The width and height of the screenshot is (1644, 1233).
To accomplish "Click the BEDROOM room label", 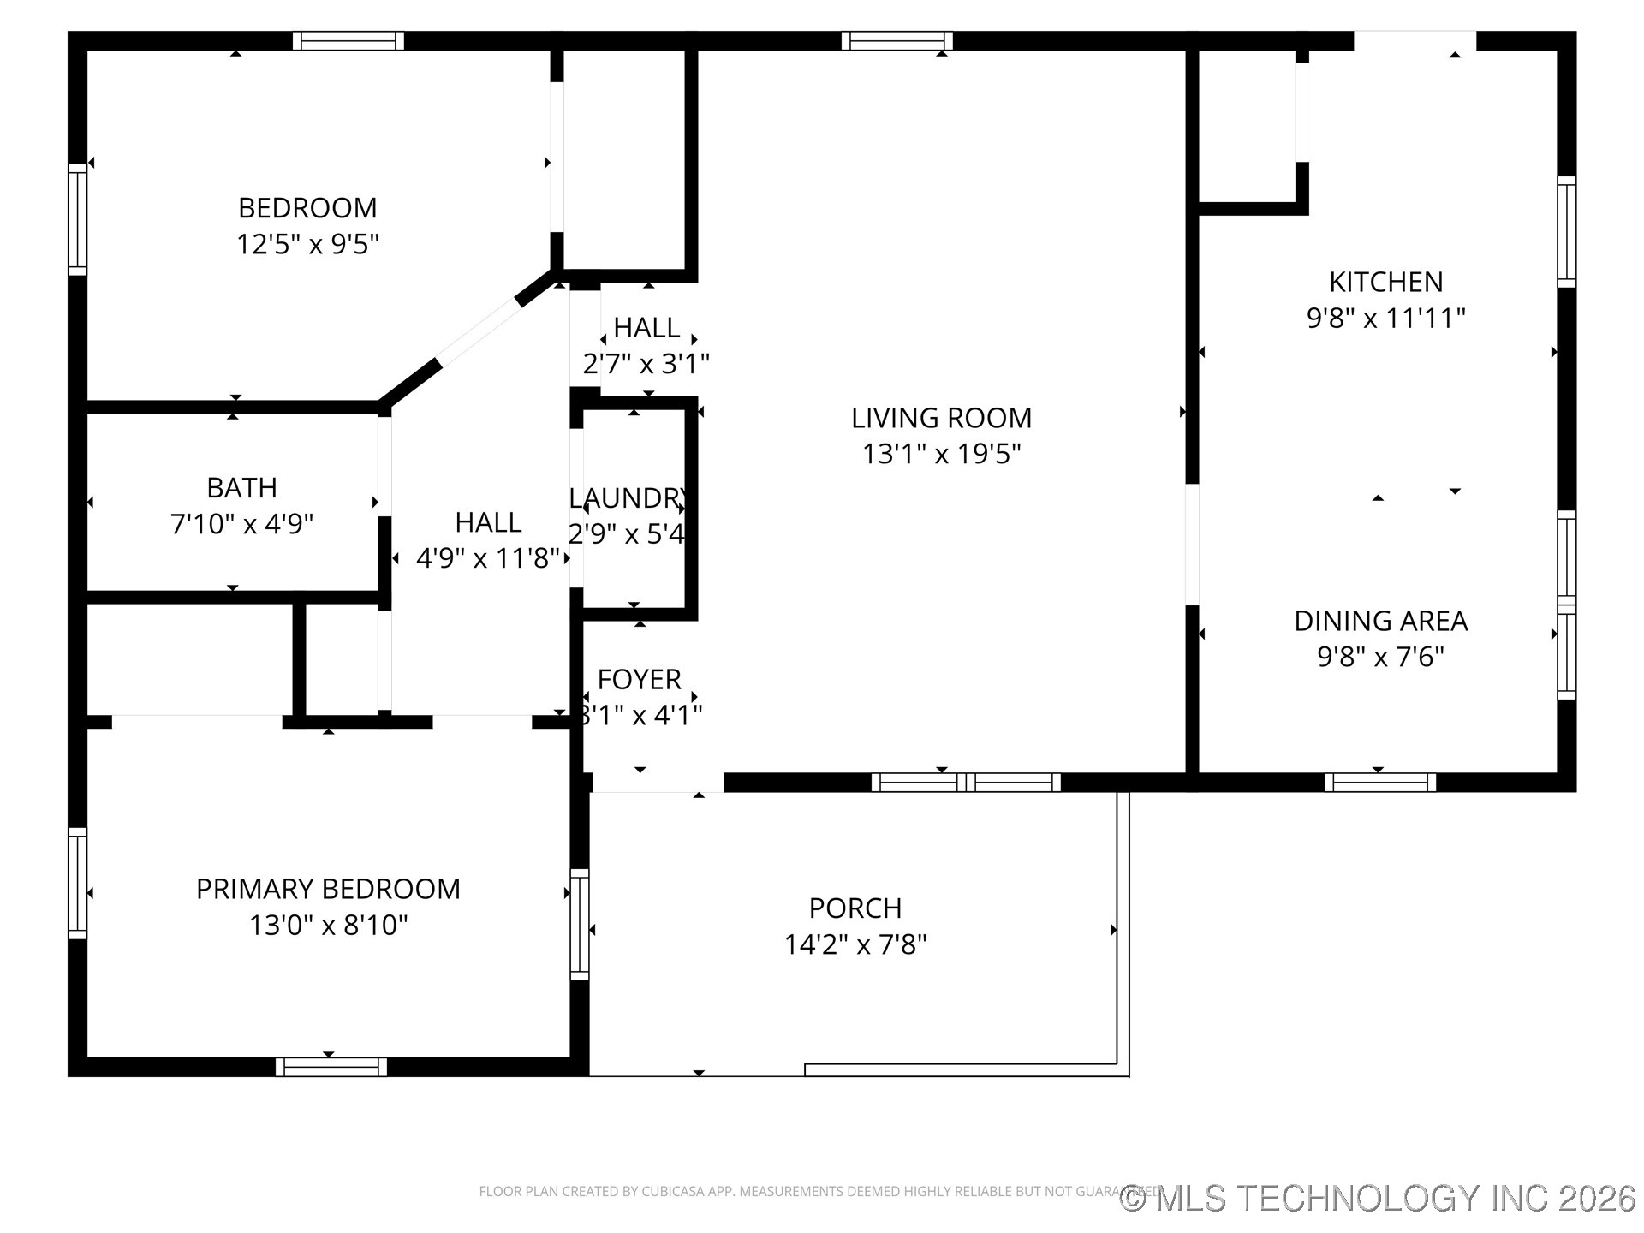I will (307, 208).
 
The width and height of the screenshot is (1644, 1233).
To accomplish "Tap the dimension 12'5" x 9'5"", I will (307, 245).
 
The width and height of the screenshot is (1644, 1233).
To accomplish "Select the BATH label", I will (241, 488).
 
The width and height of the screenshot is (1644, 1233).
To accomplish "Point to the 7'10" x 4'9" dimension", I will (241, 524).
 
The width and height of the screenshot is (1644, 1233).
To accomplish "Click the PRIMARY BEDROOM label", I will (328, 890).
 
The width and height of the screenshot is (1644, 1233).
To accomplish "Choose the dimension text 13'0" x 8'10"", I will (328, 926).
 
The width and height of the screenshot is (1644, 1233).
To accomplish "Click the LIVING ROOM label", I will (941, 418).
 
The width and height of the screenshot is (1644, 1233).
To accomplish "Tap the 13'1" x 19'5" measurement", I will (941, 454).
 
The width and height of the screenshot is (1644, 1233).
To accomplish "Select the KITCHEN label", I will (1385, 282).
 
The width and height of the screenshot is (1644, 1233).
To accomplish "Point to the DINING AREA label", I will (1380, 621).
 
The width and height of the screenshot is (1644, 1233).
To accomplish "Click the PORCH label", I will (855, 908).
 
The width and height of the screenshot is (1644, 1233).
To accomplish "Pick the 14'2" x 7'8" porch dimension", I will (855, 944).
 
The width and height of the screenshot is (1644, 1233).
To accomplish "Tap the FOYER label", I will (639, 679).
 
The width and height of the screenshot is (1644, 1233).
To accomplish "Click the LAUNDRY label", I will (628, 498).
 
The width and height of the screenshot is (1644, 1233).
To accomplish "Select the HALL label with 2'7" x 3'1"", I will (646, 328).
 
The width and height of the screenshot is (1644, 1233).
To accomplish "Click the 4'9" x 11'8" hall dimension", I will (487, 559).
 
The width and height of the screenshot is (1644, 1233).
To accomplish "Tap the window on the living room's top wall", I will (896, 40).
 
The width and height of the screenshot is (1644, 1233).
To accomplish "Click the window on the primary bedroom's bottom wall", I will (331, 1067).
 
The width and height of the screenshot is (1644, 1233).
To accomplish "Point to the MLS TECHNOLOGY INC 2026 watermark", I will (1378, 1198).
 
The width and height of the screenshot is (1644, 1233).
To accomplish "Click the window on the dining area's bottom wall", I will (1379, 782).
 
